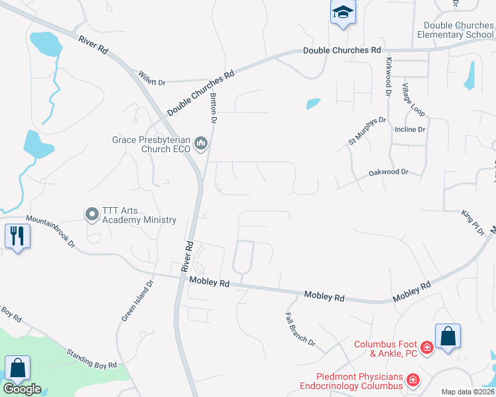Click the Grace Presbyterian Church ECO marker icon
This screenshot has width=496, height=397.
(201, 144)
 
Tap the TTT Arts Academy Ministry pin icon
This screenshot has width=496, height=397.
(91, 214)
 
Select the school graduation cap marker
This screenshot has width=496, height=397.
(343, 13)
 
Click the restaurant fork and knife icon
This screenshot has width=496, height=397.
(17, 236)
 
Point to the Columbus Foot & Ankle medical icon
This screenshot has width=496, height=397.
(427, 347)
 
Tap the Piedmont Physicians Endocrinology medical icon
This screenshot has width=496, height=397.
(413, 380)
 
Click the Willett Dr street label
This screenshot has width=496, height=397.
(151, 77)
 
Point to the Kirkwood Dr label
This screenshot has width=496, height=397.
(388, 76)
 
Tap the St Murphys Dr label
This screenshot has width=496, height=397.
(367, 130)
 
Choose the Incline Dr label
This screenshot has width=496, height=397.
(409, 130)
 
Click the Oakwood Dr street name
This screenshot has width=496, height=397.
(389, 172)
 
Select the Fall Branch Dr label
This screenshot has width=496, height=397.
(300, 329)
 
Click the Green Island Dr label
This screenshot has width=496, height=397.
(137, 300)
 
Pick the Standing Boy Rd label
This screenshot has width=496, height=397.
(92, 356)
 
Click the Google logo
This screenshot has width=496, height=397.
(23, 388)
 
